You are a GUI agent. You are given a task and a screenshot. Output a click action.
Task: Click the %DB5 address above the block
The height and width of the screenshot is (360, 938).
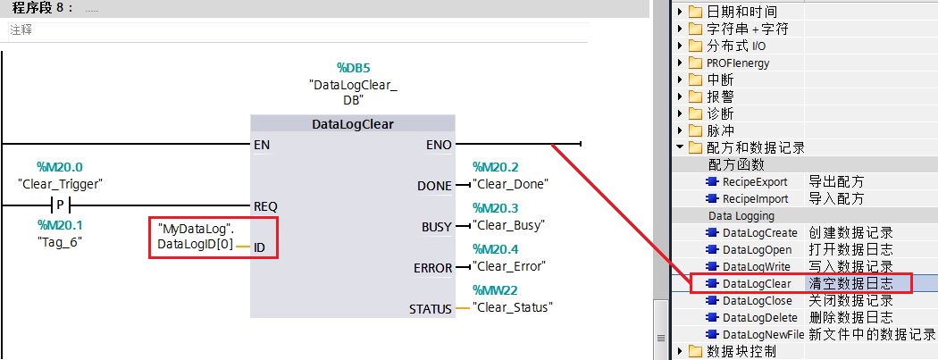(357, 68)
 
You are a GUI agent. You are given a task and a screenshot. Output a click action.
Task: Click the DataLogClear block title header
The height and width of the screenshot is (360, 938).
(353, 124)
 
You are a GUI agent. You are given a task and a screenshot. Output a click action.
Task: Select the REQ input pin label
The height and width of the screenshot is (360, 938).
(265, 207)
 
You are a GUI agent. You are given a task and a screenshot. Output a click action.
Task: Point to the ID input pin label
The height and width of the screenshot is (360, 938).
(260, 247)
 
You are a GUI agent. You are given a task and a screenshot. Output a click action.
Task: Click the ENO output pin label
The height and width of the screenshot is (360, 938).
(440, 145)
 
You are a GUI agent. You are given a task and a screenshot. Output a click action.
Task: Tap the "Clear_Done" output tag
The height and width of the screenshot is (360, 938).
(510, 184)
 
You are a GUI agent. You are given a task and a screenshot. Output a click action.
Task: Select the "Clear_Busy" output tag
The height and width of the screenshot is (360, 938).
(508, 225)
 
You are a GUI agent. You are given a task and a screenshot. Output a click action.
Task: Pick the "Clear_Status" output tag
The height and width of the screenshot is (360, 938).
(512, 307)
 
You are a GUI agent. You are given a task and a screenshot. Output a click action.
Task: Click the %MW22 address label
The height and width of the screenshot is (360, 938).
(495, 290)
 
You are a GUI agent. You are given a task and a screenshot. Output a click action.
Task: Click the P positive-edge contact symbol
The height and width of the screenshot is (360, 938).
(60, 205)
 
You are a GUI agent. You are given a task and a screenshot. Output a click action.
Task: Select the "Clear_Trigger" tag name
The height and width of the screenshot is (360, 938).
(61, 184)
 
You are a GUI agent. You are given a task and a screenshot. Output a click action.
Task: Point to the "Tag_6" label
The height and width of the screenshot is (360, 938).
(60, 242)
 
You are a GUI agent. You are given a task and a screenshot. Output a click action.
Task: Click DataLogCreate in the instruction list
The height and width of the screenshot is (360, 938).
(759, 232)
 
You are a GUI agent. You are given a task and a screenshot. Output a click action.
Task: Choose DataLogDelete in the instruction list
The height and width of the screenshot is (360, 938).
(759, 317)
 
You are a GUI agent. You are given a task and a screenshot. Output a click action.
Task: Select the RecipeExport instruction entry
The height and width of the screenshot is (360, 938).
(755, 182)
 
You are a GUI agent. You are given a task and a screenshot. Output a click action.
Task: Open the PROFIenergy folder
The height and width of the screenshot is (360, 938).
(738, 63)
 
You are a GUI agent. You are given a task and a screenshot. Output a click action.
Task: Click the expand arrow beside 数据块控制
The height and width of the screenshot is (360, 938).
(680, 351)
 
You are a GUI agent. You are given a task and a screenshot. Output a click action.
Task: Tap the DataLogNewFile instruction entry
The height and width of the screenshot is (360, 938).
(763, 334)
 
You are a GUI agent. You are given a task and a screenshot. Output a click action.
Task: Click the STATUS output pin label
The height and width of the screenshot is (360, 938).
(430, 309)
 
